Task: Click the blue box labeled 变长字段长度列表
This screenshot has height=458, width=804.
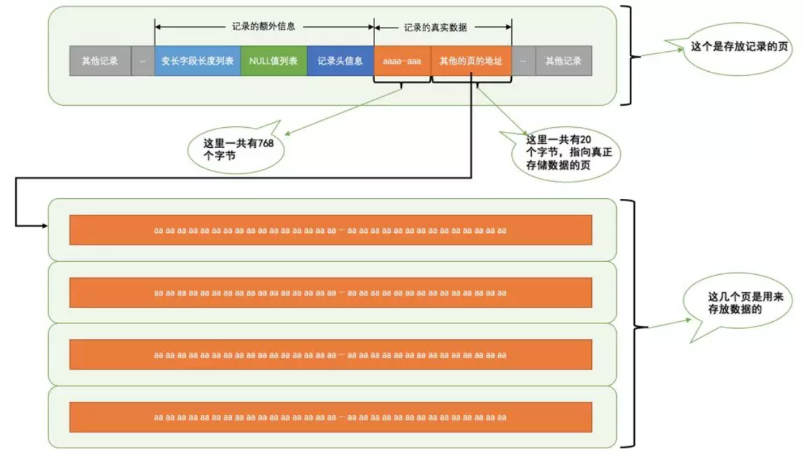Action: (198, 61)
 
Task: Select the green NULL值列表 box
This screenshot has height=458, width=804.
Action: (274, 61)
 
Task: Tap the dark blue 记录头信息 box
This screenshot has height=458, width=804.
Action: (340, 61)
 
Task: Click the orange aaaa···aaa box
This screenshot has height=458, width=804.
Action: (402, 61)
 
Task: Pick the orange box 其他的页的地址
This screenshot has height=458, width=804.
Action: (471, 61)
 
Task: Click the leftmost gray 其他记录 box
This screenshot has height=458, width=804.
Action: (100, 61)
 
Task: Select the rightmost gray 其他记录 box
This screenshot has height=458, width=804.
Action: (563, 61)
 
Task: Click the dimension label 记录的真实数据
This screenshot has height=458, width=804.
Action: (435, 28)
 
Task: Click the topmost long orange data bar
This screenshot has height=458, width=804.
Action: (330, 230)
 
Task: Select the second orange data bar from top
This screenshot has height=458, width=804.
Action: (330, 292)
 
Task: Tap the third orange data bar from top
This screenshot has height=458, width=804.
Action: (330, 354)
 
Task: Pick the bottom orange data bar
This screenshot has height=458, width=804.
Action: (330, 417)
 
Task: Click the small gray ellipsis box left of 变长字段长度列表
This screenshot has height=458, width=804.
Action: (143, 61)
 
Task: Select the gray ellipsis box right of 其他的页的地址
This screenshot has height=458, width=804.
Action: (523, 61)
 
